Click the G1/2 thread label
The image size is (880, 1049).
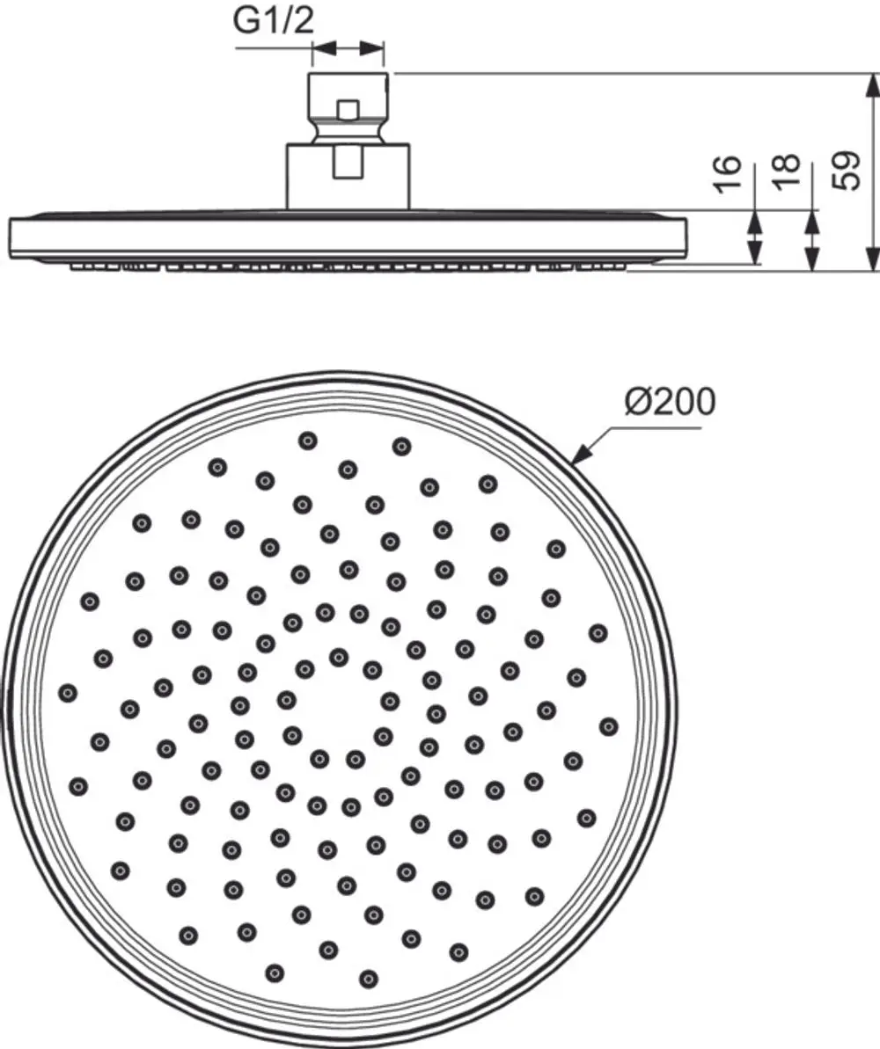274,21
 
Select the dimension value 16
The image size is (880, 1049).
727,175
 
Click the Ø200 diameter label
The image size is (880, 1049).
670,402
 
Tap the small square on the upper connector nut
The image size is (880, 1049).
348,110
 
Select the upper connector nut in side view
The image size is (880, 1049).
348,107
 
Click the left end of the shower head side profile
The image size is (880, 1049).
10,238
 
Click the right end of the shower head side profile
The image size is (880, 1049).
686,238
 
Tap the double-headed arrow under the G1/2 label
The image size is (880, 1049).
348,48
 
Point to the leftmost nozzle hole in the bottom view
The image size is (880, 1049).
68,692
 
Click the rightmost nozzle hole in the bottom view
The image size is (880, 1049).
608,726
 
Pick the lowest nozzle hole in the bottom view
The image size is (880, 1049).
368,979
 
